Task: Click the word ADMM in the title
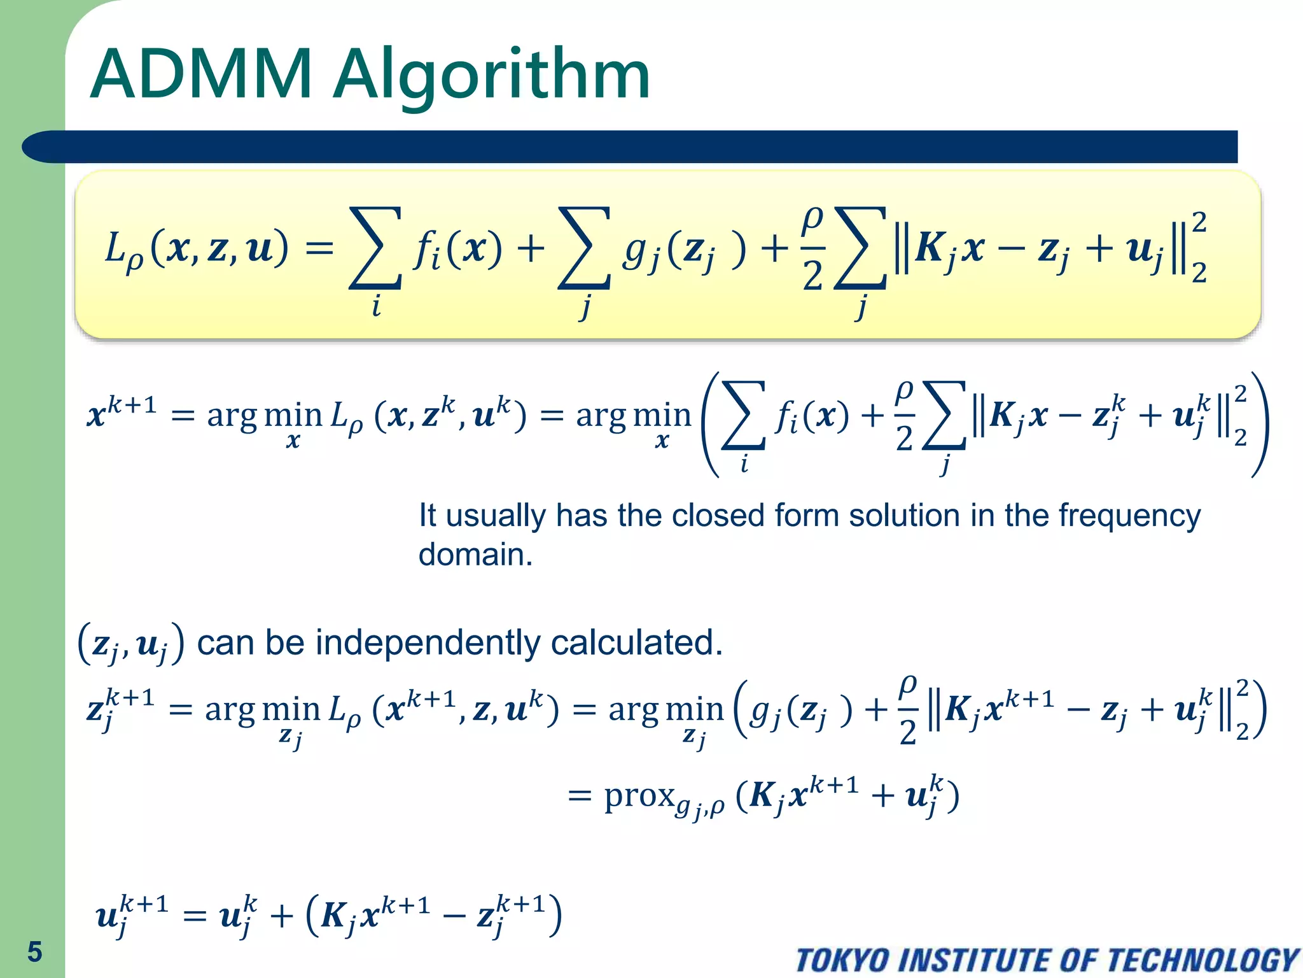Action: click(201, 74)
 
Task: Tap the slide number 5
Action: click(34, 952)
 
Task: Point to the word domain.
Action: click(475, 555)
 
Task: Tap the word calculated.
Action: click(636, 642)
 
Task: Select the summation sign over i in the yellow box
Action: click(376, 248)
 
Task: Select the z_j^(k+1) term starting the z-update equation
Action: click(120, 708)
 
